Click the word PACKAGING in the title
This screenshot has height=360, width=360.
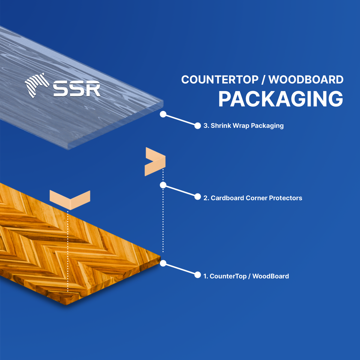tap(280, 99)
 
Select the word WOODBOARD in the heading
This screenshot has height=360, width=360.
tap(306, 79)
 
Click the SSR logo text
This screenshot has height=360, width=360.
tap(77, 88)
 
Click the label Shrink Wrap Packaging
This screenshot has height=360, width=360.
tap(247, 126)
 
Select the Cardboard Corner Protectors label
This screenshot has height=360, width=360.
tap(256, 198)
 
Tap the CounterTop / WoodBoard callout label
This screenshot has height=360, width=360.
tap(249, 276)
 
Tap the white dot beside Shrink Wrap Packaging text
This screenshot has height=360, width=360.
tap(198, 126)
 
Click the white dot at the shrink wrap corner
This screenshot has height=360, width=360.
tap(163, 114)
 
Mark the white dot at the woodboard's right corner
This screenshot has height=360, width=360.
tap(163, 263)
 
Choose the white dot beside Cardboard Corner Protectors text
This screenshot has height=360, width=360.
tap(198, 196)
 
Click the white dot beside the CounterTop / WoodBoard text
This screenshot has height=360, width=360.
tap(198, 275)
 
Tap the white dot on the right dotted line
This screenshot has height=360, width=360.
tap(163, 185)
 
